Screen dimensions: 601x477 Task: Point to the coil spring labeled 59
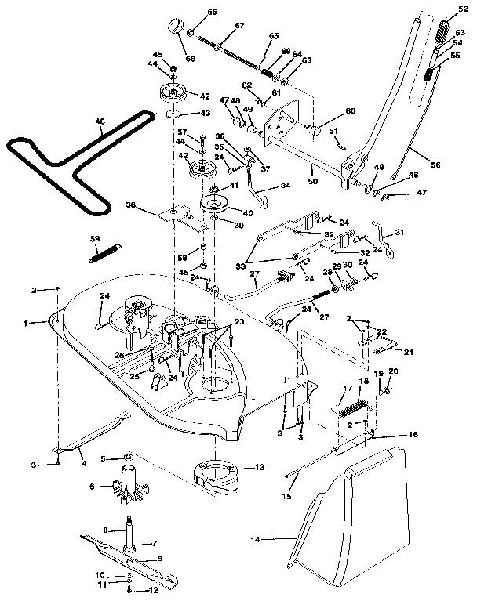click(x=103, y=248)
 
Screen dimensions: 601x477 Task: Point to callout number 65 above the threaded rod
click(x=274, y=36)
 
